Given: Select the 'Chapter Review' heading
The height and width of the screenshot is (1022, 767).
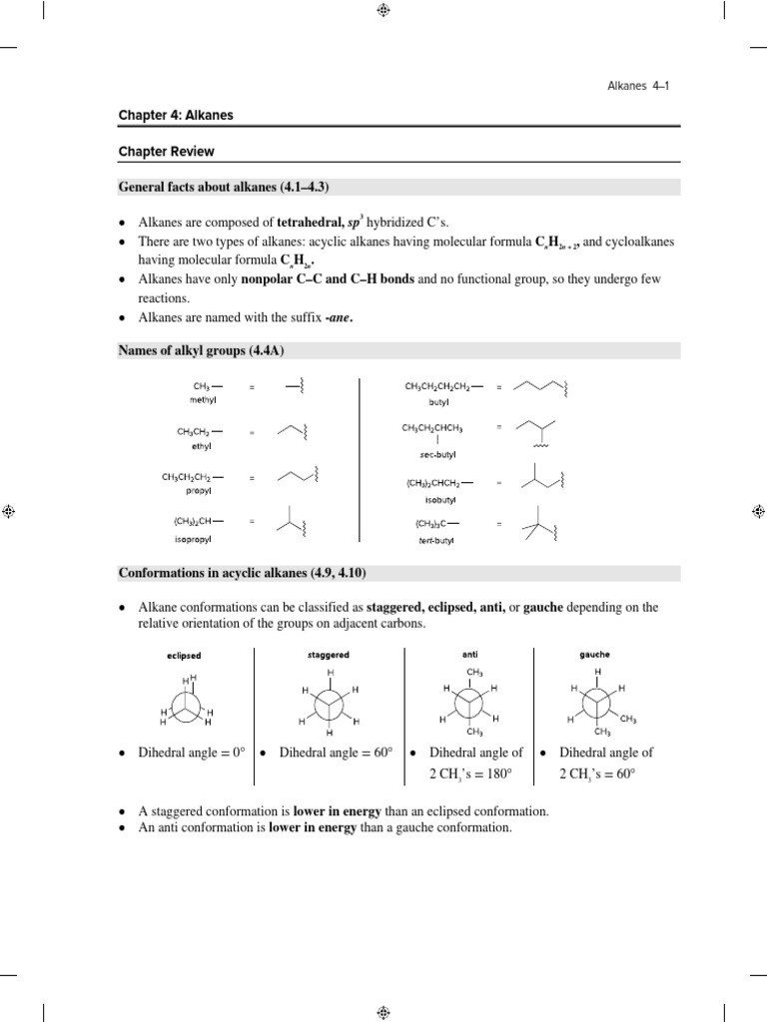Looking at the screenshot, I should (166, 152).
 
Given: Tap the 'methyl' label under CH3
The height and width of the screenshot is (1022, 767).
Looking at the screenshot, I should (203, 399).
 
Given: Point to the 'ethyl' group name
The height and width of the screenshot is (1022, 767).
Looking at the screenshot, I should (201, 446).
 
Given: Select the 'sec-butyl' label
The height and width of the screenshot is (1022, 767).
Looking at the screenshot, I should (437, 452).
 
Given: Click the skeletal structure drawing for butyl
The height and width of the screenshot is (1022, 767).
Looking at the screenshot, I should (540, 388).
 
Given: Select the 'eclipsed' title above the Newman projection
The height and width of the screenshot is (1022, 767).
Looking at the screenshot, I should (185, 656).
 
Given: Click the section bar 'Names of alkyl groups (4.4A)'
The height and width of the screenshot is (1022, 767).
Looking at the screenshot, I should (209, 350).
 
